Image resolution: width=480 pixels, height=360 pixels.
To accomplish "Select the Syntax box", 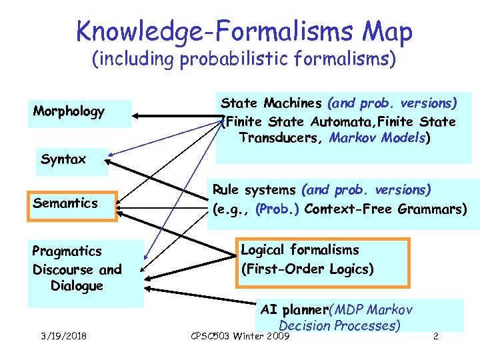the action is (63, 160).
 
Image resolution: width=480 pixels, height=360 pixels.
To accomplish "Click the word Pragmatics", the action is (67, 251).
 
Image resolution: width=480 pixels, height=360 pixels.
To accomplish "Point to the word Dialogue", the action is (77, 286).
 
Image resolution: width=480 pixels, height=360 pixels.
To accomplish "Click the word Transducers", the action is (280, 139).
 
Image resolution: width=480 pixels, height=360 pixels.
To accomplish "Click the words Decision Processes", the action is (339, 325).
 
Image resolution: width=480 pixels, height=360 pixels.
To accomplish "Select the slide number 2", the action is (435, 335).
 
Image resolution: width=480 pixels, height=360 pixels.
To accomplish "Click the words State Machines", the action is (271, 103).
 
